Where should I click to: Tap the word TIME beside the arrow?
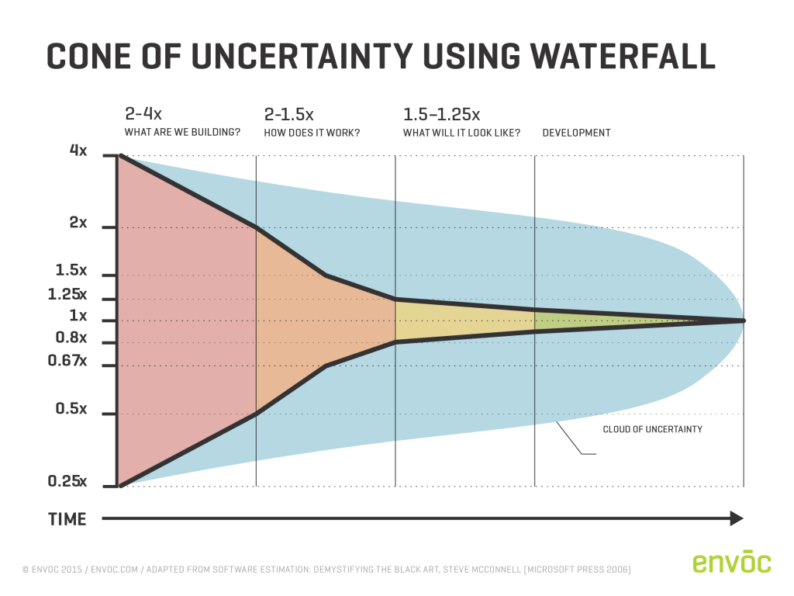67,519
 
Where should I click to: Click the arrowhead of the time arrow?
737,518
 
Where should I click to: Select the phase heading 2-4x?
143,114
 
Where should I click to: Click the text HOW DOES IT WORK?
312,133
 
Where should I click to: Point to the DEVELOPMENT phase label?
576,133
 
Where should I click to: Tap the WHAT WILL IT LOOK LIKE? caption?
461,133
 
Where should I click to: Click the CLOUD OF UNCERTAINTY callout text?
652,429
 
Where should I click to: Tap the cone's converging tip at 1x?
743,320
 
